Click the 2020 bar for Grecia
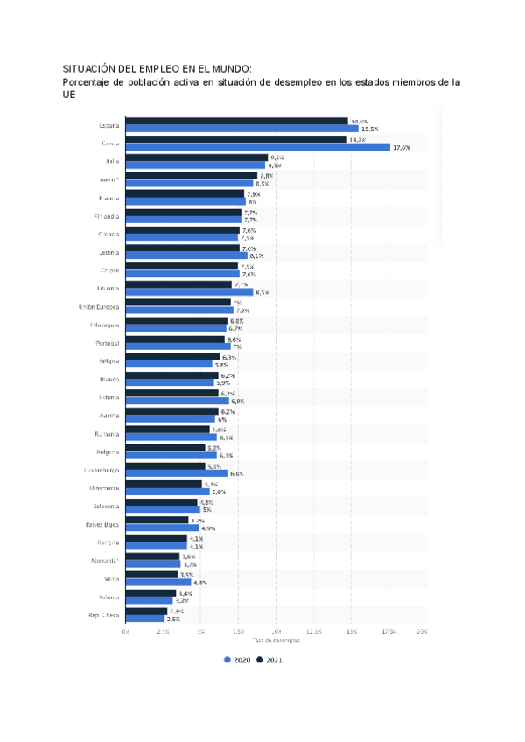tap(258, 147)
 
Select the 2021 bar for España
tap(236, 121)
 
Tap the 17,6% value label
tap(402, 147)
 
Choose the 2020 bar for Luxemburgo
tap(177, 473)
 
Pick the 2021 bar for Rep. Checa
tap(146, 611)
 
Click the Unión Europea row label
tap(99, 307)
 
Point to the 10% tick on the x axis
tap(276, 631)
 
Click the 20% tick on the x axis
tap(423, 631)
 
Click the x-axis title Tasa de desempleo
tap(276, 640)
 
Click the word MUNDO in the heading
tap(228, 68)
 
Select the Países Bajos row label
tap(102, 525)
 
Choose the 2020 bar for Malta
tap(158, 582)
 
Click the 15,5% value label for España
tap(357, 129)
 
